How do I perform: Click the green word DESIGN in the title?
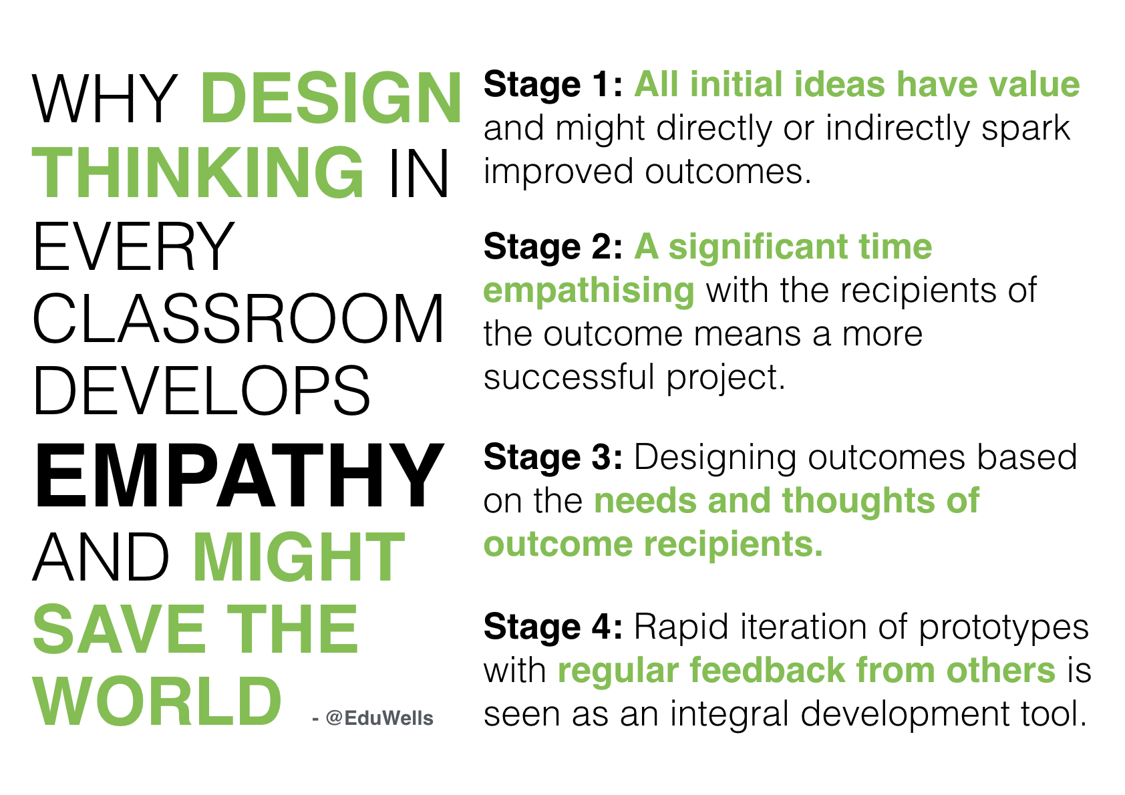click(x=331, y=98)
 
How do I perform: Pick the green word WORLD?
click(x=157, y=701)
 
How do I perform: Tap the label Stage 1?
click(x=553, y=86)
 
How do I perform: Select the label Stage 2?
click(x=553, y=248)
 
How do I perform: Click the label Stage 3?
click(x=553, y=458)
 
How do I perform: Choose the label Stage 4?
click(x=553, y=628)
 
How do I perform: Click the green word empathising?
click(x=589, y=291)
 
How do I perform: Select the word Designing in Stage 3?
click(x=715, y=458)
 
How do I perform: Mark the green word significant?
click(x=758, y=248)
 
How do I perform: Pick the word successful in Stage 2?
click(x=569, y=377)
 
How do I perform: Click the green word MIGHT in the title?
click(x=299, y=556)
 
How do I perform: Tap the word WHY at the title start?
click(x=104, y=98)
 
